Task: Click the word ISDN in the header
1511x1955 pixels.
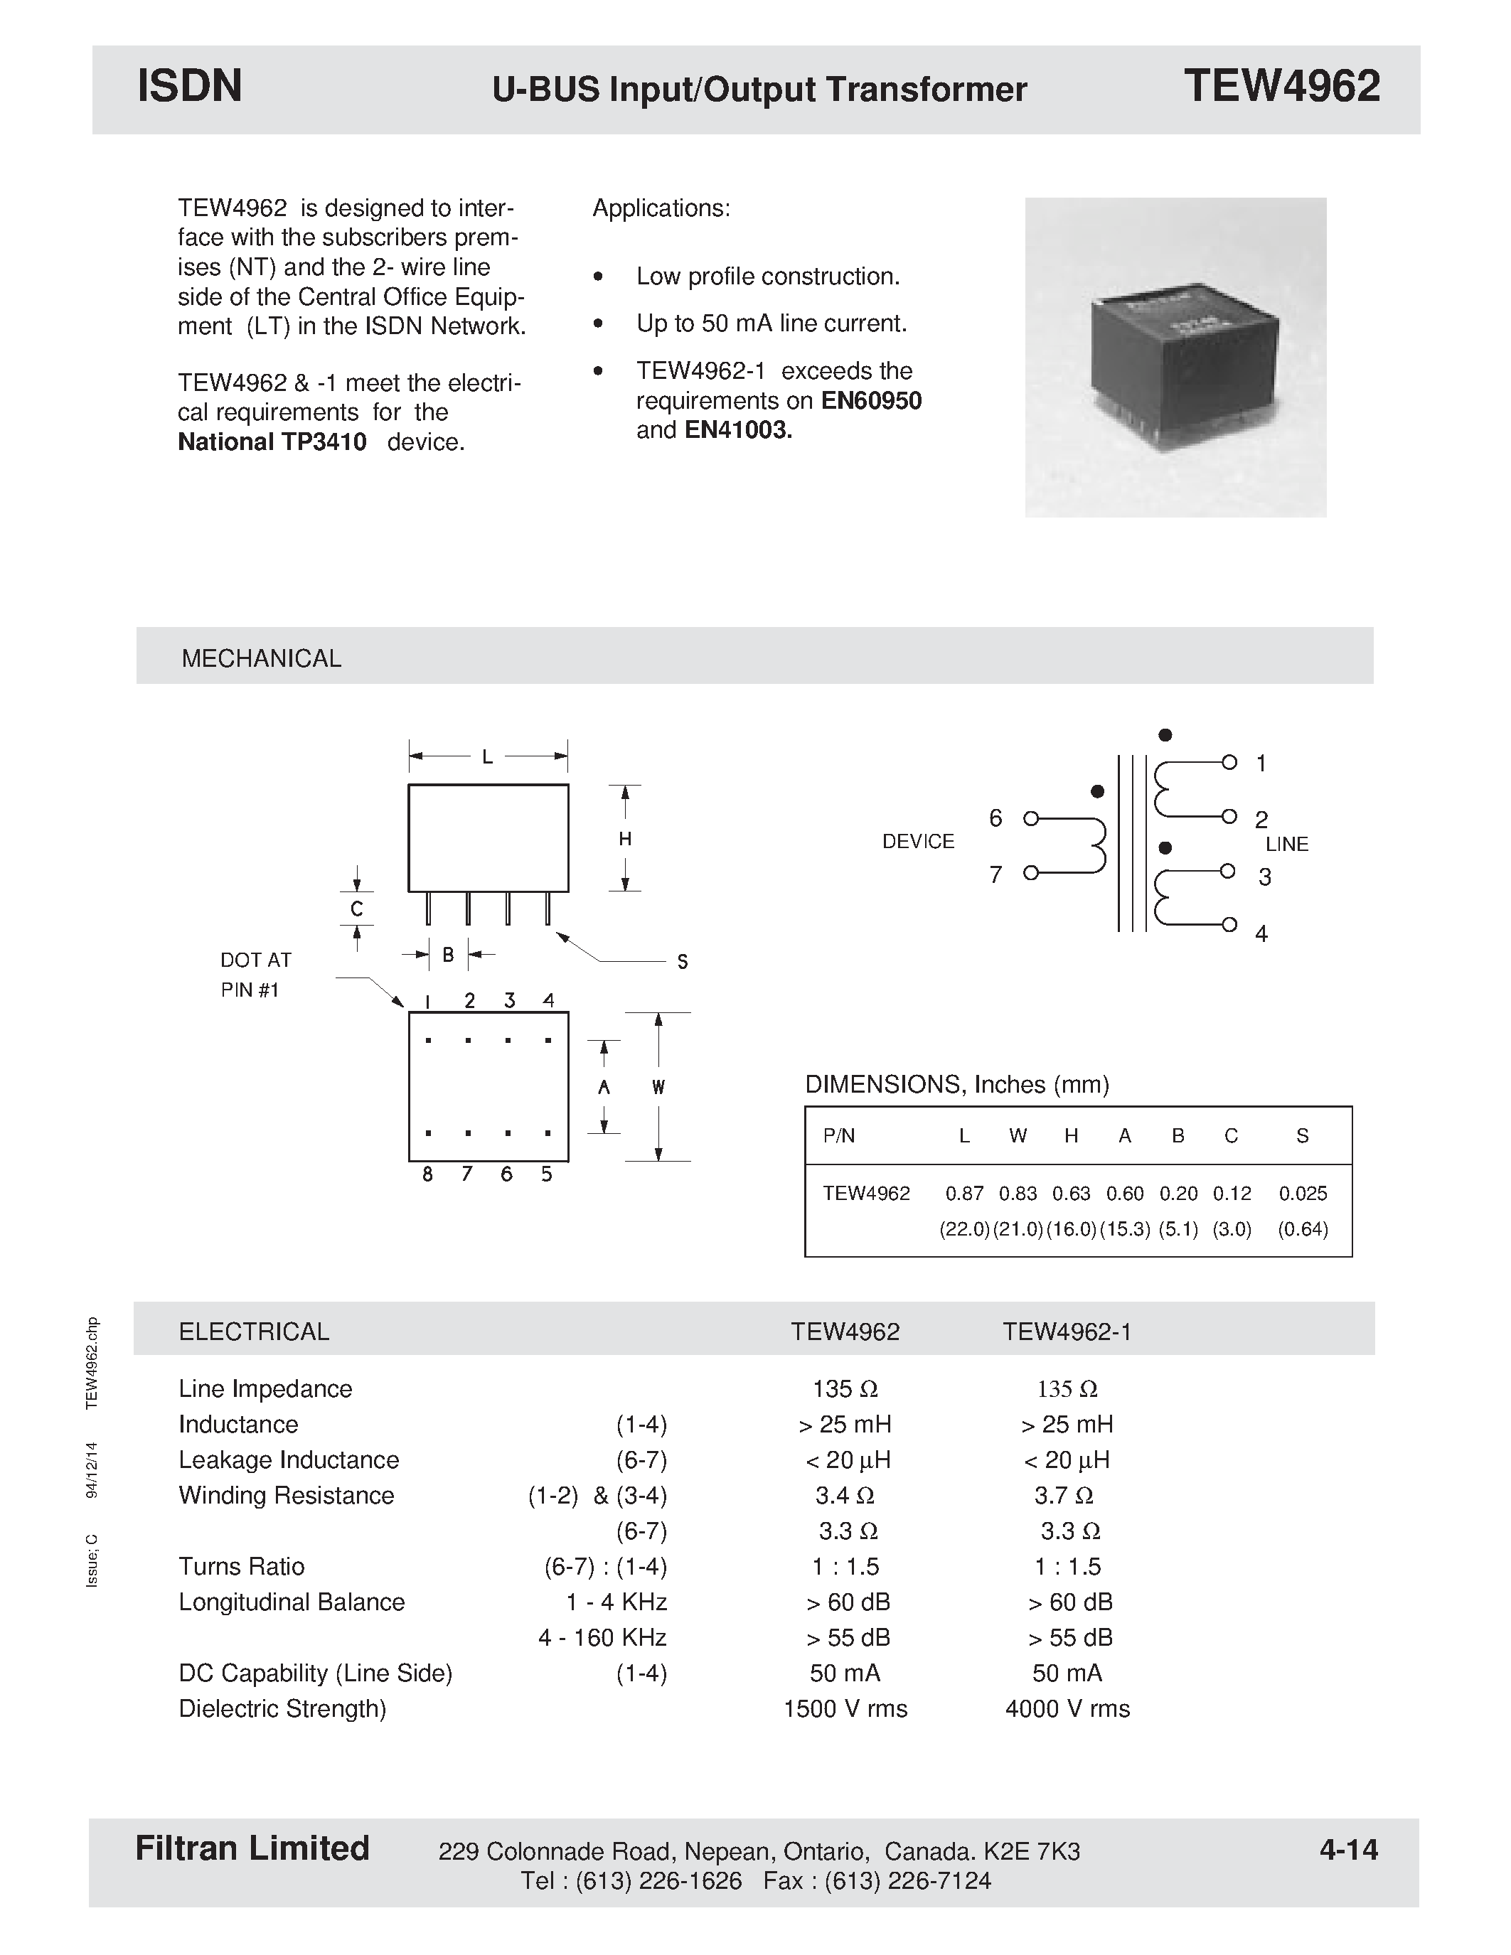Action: click(190, 87)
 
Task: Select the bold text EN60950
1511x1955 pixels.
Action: click(871, 400)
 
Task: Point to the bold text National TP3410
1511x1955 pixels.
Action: click(272, 442)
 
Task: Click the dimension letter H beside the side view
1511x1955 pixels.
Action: click(625, 839)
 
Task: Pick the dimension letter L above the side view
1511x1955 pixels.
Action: click(487, 757)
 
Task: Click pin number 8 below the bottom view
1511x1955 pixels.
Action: click(428, 1174)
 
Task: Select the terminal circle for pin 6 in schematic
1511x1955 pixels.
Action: click(1030, 818)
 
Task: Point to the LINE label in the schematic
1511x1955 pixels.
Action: click(1286, 844)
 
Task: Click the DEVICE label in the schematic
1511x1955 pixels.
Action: click(919, 842)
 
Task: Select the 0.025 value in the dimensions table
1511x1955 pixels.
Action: click(1303, 1193)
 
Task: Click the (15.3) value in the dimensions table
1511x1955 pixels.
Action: click(1124, 1229)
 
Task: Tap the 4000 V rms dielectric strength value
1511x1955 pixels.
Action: click(1067, 1709)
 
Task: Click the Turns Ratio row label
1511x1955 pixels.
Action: click(242, 1567)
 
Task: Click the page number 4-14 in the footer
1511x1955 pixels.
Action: click(1348, 1849)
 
